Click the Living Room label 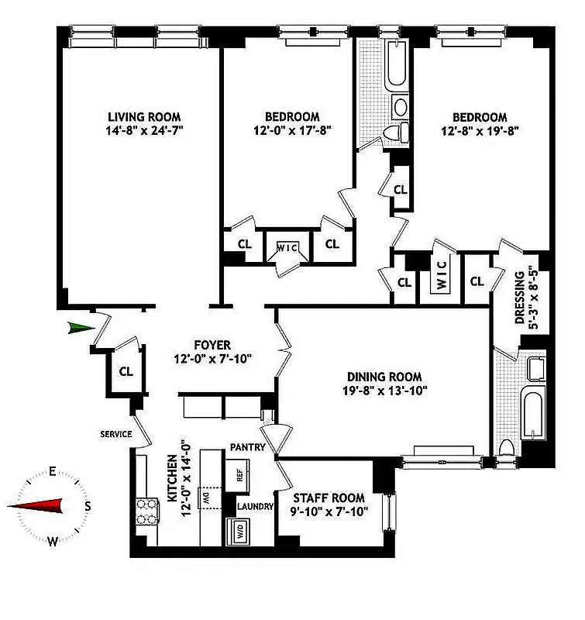click(144, 117)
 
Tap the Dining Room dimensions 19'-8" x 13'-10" click(387, 391)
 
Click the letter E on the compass click(52, 471)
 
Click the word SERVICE click(117, 434)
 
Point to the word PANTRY click(247, 448)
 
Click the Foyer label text click(212, 345)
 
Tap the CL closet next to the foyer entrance click(126, 371)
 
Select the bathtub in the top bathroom click(396, 68)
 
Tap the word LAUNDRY click(256, 507)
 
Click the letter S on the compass click(88, 506)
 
